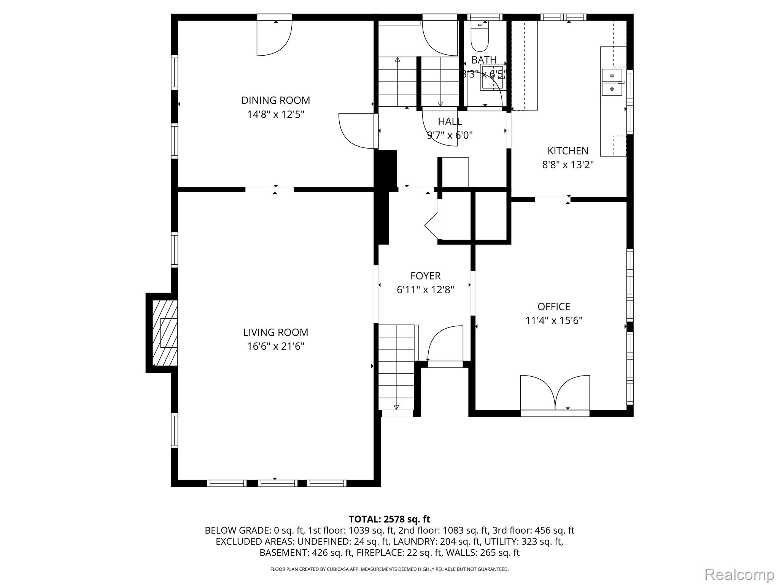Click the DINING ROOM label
click(276, 100)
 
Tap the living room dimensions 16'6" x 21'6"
click(276, 346)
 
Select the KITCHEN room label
click(568, 151)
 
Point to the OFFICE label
click(554, 307)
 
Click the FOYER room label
click(426, 276)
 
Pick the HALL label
click(450, 121)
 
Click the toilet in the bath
click(480, 36)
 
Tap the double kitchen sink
click(612, 82)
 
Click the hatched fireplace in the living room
click(165, 332)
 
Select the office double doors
click(555, 394)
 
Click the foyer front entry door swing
click(445, 343)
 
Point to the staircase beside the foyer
click(396, 367)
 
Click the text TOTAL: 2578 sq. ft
click(389, 519)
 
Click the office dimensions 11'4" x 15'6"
click(554, 321)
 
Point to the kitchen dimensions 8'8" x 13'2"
click(568, 165)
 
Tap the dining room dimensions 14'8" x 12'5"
click(276, 114)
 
